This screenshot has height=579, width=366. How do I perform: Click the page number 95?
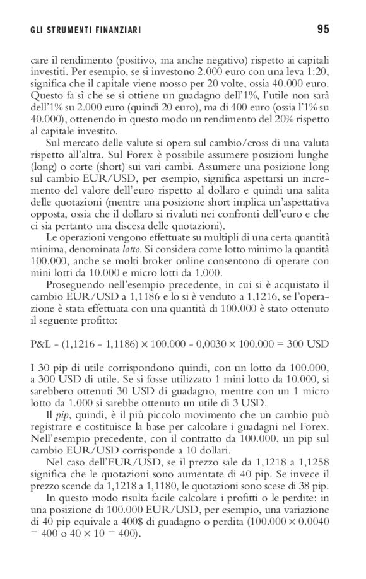coord(322,28)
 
